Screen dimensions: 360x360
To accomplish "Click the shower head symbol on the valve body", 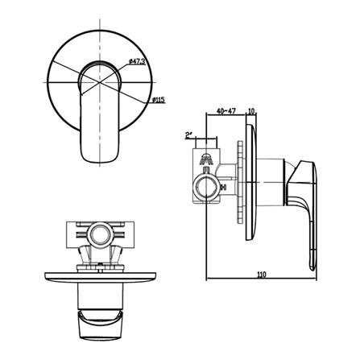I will coord(208,158).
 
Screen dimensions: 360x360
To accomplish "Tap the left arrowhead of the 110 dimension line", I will coord(208,280).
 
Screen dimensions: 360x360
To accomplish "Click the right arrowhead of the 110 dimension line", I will coord(313,280).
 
